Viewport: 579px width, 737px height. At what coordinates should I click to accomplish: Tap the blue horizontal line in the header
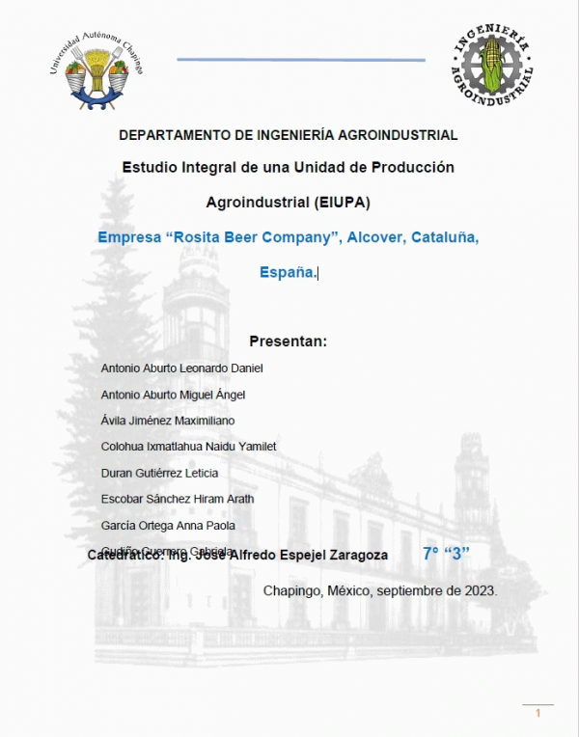(x=300, y=60)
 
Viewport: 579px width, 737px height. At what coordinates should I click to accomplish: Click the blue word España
(x=287, y=273)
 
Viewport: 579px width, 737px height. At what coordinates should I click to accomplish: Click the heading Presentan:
(x=289, y=341)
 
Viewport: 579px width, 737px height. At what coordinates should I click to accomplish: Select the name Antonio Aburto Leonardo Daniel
(x=181, y=368)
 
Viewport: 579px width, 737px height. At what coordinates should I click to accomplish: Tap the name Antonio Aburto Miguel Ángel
(x=173, y=395)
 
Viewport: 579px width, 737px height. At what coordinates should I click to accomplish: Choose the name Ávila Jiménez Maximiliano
(x=167, y=421)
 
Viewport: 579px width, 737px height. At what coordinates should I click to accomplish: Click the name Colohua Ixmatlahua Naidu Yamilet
(x=188, y=447)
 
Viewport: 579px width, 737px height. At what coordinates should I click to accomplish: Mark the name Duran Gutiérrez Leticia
(x=159, y=473)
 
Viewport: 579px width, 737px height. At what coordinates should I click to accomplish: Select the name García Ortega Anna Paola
(x=168, y=526)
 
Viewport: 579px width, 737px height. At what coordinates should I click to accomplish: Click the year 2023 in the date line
(x=480, y=590)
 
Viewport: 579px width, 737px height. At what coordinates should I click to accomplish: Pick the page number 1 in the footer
(x=538, y=713)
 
